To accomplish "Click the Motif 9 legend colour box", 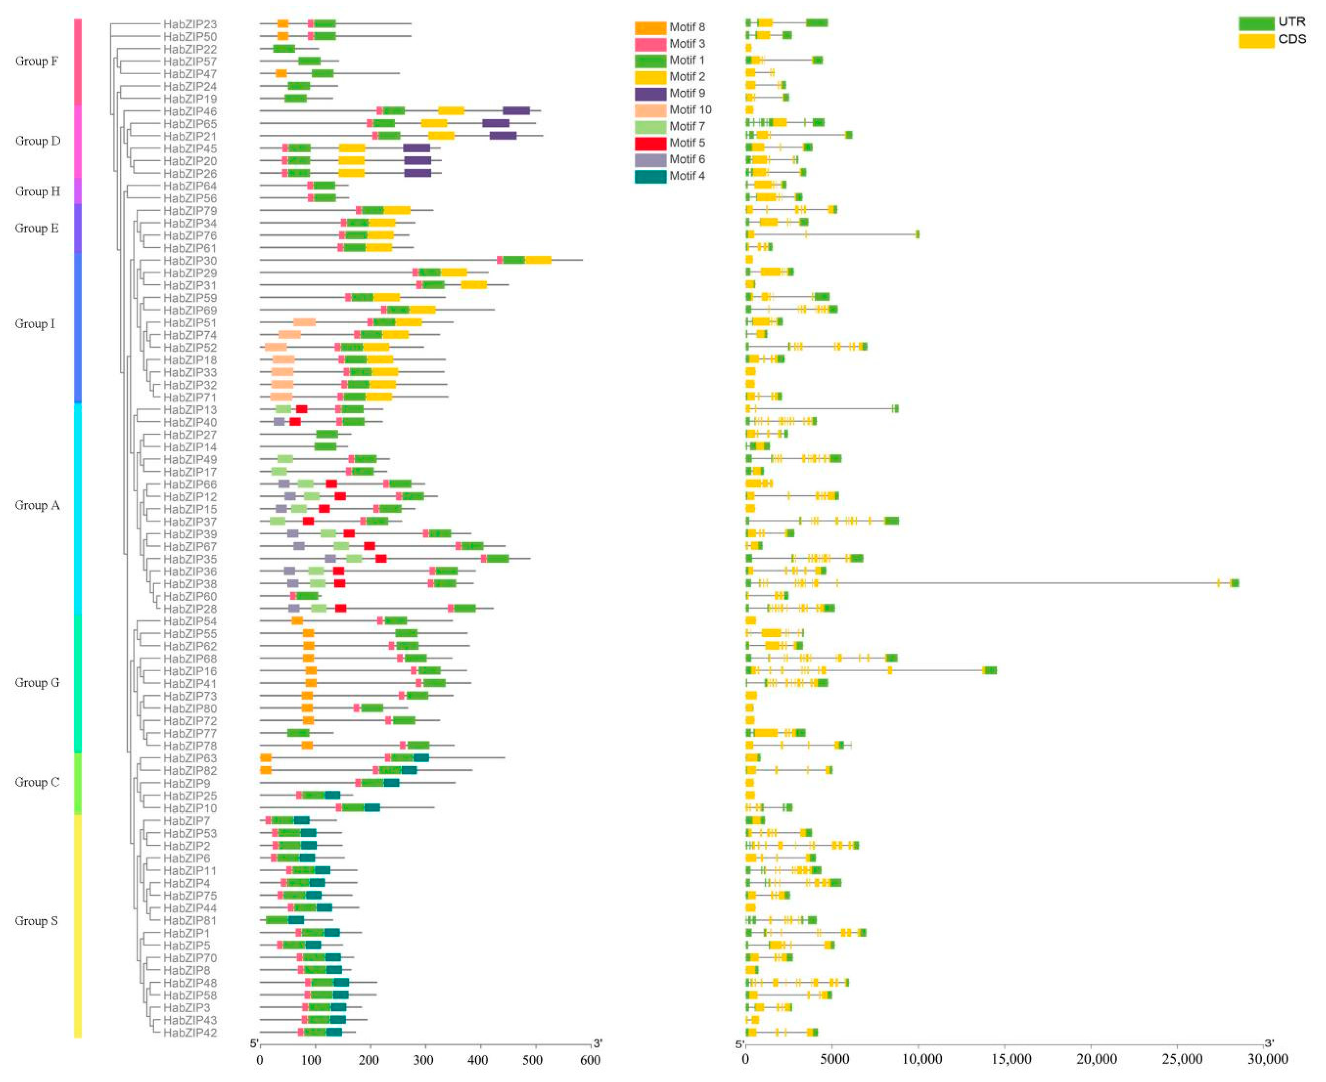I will [x=650, y=94].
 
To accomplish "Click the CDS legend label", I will [x=1292, y=40].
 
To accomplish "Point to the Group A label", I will [x=37, y=505].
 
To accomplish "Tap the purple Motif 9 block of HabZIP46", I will [x=516, y=111].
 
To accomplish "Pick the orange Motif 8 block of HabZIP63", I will [x=266, y=758].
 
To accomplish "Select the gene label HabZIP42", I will [x=190, y=1033].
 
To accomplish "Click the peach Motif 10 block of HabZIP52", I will [x=276, y=347].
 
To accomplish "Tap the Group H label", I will [x=37, y=191].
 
